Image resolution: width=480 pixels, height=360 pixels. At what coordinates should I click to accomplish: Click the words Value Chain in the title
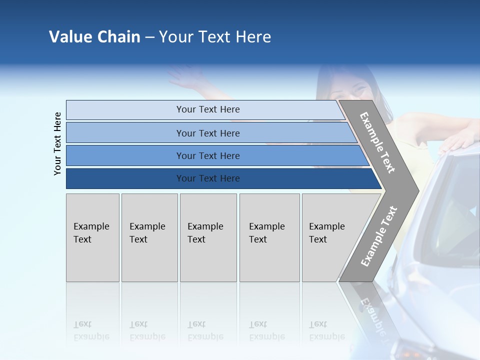click(94, 37)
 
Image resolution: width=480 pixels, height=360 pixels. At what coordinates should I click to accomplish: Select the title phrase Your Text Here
click(215, 37)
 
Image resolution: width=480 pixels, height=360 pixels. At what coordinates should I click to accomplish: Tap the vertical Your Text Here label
click(57, 143)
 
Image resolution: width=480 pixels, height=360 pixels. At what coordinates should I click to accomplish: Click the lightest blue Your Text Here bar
click(207, 109)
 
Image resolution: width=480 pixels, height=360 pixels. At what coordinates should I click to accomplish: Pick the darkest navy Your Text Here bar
click(207, 178)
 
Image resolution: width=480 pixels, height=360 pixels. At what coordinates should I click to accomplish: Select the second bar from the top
click(207, 133)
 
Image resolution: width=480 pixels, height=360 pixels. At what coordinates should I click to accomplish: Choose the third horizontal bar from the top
click(207, 155)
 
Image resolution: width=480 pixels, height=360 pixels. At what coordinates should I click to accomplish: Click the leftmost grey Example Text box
click(92, 237)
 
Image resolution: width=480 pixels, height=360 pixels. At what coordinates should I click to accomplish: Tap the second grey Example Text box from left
click(149, 237)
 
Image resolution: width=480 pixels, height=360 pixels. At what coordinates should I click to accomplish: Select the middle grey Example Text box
click(208, 237)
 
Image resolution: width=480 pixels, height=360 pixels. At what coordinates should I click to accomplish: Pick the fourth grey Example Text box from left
click(269, 237)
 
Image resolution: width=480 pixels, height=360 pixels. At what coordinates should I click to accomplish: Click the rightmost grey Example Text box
click(327, 237)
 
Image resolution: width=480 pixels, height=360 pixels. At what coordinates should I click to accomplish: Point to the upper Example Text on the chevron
click(377, 142)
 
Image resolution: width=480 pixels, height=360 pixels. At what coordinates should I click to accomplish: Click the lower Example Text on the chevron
click(378, 236)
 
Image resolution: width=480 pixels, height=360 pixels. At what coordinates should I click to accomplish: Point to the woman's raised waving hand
click(180, 75)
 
